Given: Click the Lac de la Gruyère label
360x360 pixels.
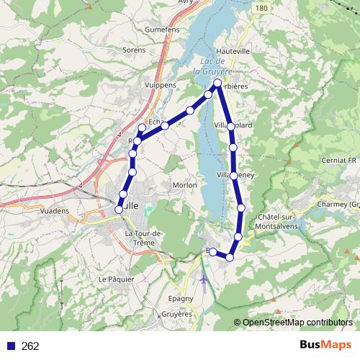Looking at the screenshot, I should (x=213, y=67).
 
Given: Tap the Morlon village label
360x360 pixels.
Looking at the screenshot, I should (x=185, y=185).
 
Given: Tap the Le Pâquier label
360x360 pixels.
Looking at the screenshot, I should (x=113, y=279).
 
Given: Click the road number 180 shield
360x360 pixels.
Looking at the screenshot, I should (x=261, y=8).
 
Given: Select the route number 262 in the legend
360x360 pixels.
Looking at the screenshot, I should (x=30, y=346).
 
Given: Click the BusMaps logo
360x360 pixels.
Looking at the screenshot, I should (x=323, y=346).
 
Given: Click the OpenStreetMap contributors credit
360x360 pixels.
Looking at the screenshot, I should (x=293, y=323).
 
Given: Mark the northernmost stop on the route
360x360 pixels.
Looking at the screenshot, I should (x=218, y=84).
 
